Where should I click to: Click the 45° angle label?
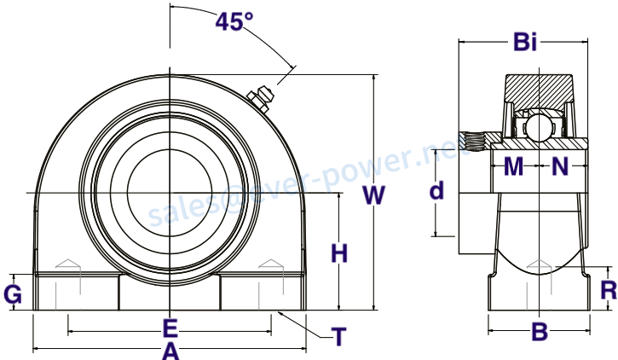pyautogui.click(x=234, y=21)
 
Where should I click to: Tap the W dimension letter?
pyautogui.click(x=373, y=195)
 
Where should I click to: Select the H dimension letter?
pyautogui.click(x=339, y=253)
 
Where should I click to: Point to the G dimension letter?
pyautogui.click(x=13, y=294)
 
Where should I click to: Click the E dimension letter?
pyautogui.click(x=170, y=328)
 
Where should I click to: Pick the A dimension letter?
pyautogui.click(x=170, y=351)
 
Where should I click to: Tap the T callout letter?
pyautogui.click(x=338, y=336)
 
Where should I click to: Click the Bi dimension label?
pyautogui.click(x=525, y=42)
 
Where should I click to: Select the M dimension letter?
pyautogui.click(x=513, y=166)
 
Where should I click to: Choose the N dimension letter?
pyautogui.click(x=560, y=166)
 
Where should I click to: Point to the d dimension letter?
pyautogui.click(x=436, y=190)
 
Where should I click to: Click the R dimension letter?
pyautogui.click(x=609, y=291)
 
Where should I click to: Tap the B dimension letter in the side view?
pyautogui.click(x=540, y=331)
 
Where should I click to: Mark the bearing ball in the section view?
pyautogui.click(x=540, y=126)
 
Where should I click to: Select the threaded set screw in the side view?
pyautogui.click(x=475, y=142)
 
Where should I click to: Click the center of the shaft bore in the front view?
pyautogui.click(x=170, y=193)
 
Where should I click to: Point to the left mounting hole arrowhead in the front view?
pyautogui.click(x=68, y=264)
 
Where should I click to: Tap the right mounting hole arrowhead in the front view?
pyautogui.click(x=271, y=264)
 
